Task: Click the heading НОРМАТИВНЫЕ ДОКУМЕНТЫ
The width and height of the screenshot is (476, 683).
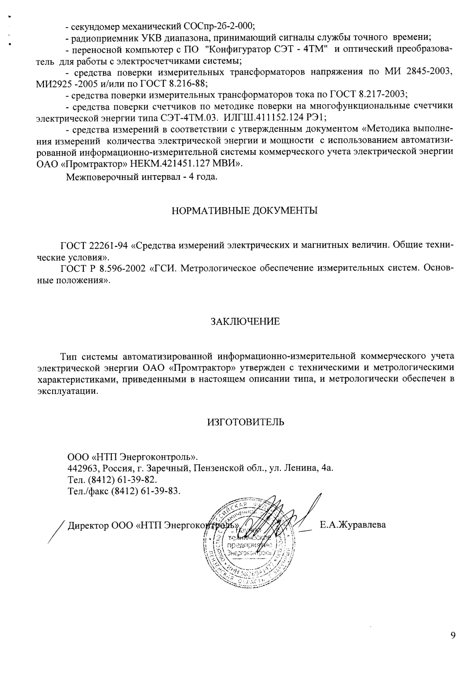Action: click(x=245, y=211)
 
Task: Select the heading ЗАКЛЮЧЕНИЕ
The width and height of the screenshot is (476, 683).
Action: click(x=245, y=322)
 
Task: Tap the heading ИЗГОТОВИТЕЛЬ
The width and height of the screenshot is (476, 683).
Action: click(x=245, y=422)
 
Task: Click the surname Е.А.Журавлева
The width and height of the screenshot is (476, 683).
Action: click(x=353, y=525)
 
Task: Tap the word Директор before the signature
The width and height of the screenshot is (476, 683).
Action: click(x=85, y=525)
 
